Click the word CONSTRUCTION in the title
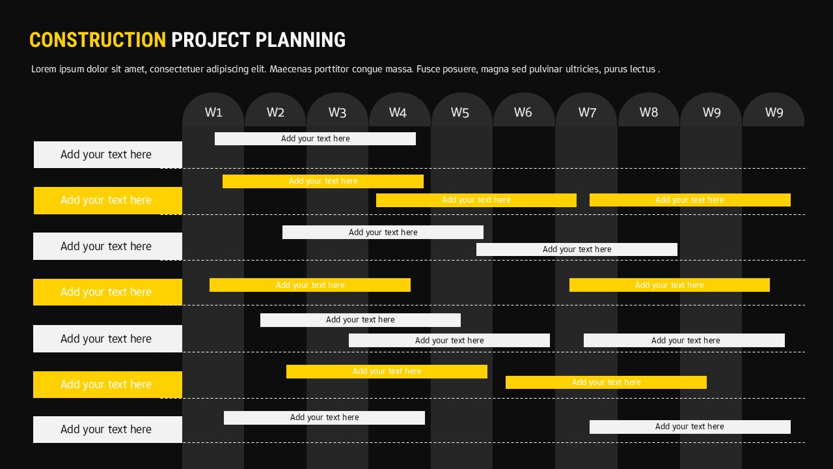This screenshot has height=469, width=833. [98, 40]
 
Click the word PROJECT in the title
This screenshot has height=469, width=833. [210, 40]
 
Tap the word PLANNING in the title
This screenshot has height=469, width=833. [300, 40]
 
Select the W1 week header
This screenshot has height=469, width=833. [213, 112]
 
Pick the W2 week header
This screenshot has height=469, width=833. [275, 112]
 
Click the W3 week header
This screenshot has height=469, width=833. [337, 112]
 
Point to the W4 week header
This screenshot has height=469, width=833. [398, 112]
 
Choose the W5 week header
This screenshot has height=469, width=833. [459, 112]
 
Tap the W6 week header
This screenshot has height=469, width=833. [523, 112]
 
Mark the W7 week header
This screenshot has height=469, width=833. [587, 112]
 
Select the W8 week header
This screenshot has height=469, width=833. [648, 112]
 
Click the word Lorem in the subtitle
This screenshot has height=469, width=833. [44, 69]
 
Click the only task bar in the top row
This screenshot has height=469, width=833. [315, 139]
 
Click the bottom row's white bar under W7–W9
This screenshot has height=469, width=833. [690, 427]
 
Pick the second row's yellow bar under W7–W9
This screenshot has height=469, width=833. [690, 200]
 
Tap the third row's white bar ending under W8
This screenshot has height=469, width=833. [577, 249]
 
